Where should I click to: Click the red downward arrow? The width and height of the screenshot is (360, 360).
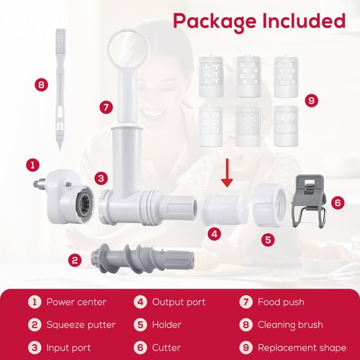pyautogui.click(x=227, y=173)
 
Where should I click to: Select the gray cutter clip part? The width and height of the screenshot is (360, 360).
pyautogui.click(x=309, y=201)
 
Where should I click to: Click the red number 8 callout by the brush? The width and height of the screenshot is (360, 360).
pyautogui.click(x=41, y=85)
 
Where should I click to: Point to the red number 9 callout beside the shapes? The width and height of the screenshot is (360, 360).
pyautogui.click(x=312, y=100)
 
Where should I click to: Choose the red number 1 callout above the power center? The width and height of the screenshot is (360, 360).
pyautogui.click(x=32, y=165)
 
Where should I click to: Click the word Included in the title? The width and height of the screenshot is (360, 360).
pyautogui.click(x=304, y=21)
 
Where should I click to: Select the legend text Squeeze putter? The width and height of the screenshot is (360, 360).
pyautogui.click(x=81, y=325)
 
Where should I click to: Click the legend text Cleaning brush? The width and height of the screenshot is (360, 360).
pyautogui.click(x=290, y=325)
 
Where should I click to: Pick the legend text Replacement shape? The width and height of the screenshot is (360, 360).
pyautogui.click(x=302, y=348)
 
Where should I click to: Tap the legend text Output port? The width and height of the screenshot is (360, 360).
pyautogui.click(x=179, y=302)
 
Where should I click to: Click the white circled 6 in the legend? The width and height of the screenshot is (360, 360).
pyautogui.click(x=140, y=348)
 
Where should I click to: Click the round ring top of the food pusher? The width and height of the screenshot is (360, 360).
pyautogui.click(x=128, y=48)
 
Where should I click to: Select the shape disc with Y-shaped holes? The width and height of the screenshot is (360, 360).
pyautogui.click(x=211, y=76)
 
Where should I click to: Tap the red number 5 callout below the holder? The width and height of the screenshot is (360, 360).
pyautogui.click(x=268, y=240)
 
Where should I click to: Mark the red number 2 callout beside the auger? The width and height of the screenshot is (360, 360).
pyautogui.click(x=75, y=260)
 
